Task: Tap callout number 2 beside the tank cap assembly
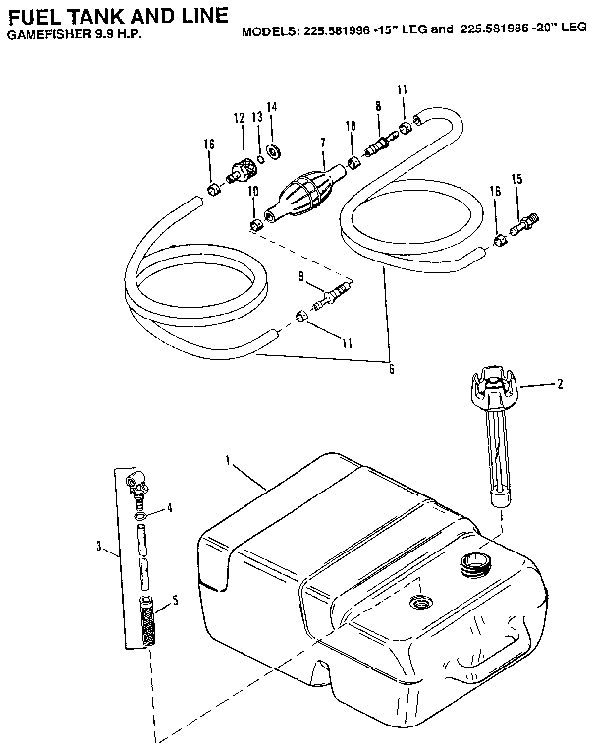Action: (x=560, y=384)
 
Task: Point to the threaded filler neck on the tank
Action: (x=472, y=564)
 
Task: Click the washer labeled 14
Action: (x=274, y=150)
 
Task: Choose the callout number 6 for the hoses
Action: (x=391, y=368)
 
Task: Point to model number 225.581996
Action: (x=335, y=30)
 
